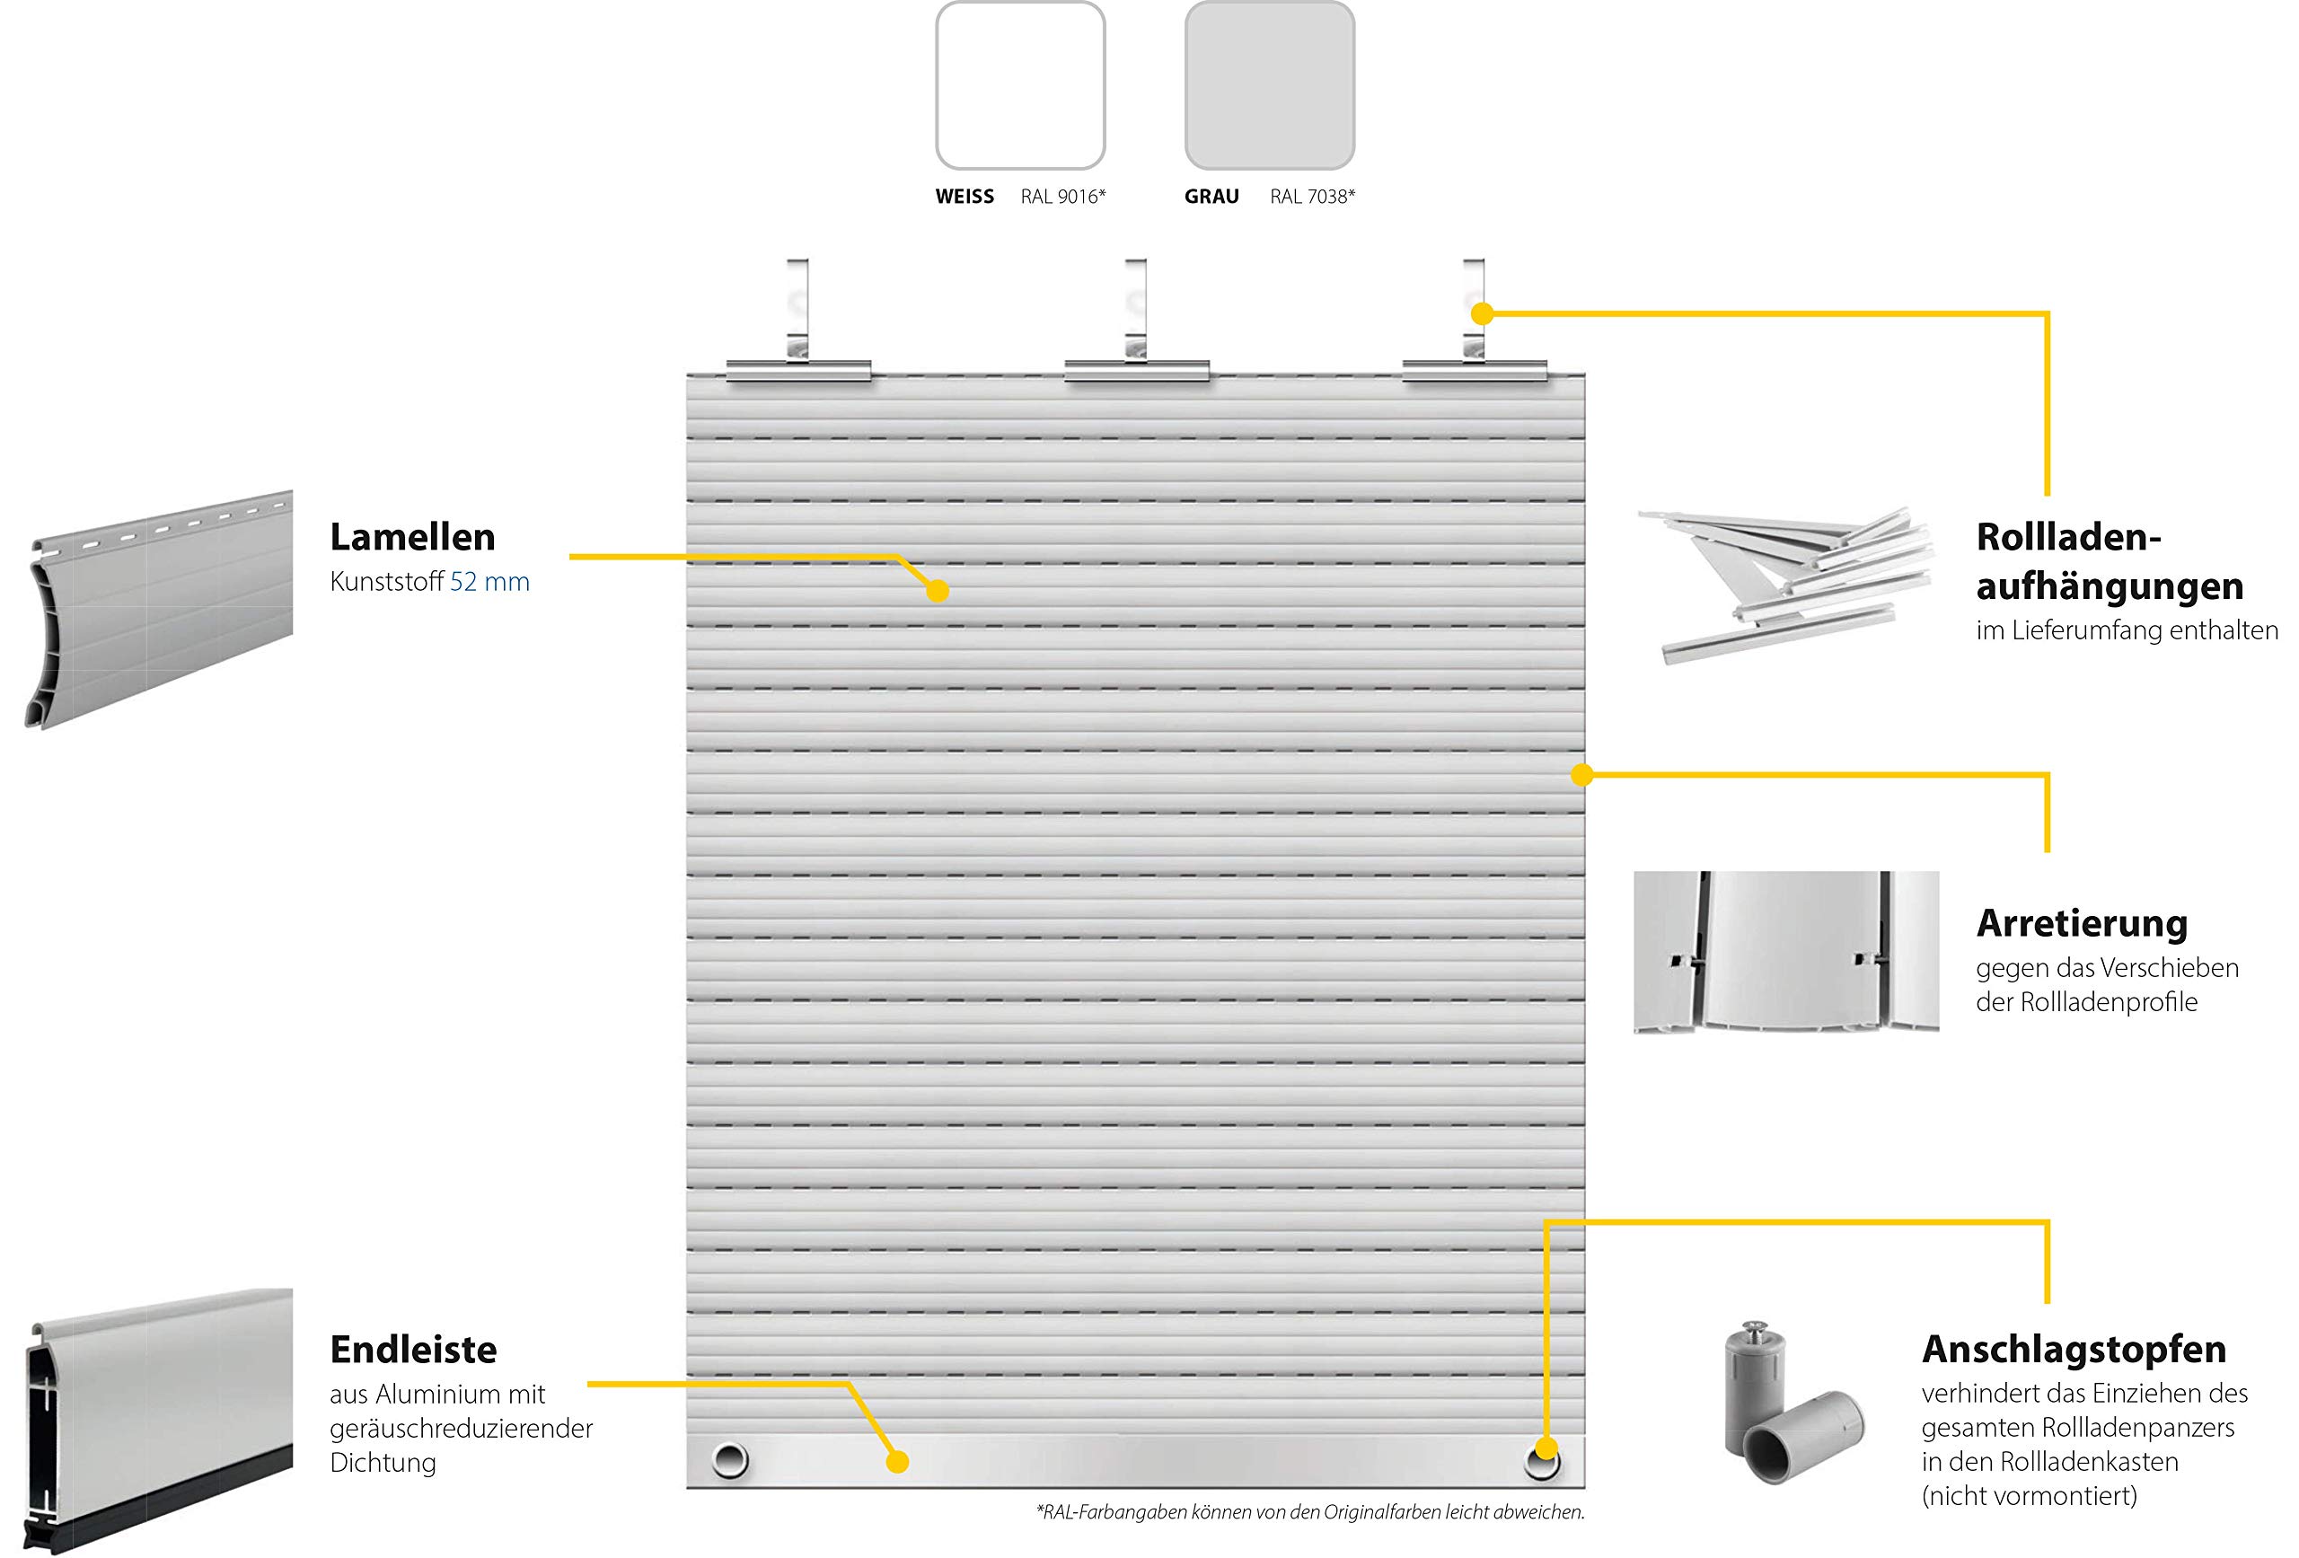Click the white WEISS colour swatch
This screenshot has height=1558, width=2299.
(x=1020, y=85)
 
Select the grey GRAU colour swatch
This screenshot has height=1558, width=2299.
(x=1269, y=85)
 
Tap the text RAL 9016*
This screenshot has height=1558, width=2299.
(x=1063, y=197)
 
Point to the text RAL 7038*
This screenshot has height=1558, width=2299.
(x=1313, y=197)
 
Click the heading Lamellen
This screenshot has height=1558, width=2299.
(x=412, y=537)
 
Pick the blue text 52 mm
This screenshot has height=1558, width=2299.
(x=489, y=582)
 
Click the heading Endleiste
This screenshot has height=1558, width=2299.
(x=413, y=1350)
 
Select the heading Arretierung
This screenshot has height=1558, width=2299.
(x=2082, y=924)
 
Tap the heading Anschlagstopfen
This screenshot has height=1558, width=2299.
(x=2074, y=1350)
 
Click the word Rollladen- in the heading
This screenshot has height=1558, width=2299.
(x=2068, y=537)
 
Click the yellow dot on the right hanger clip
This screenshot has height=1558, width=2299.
(x=1482, y=313)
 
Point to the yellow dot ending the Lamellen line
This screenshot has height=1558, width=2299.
(x=938, y=592)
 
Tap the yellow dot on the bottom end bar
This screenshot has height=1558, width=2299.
(x=897, y=1462)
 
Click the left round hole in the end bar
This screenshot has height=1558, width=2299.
(x=730, y=1459)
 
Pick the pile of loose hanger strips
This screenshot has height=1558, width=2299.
(x=1785, y=584)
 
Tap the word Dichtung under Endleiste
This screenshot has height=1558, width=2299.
(x=383, y=1463)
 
